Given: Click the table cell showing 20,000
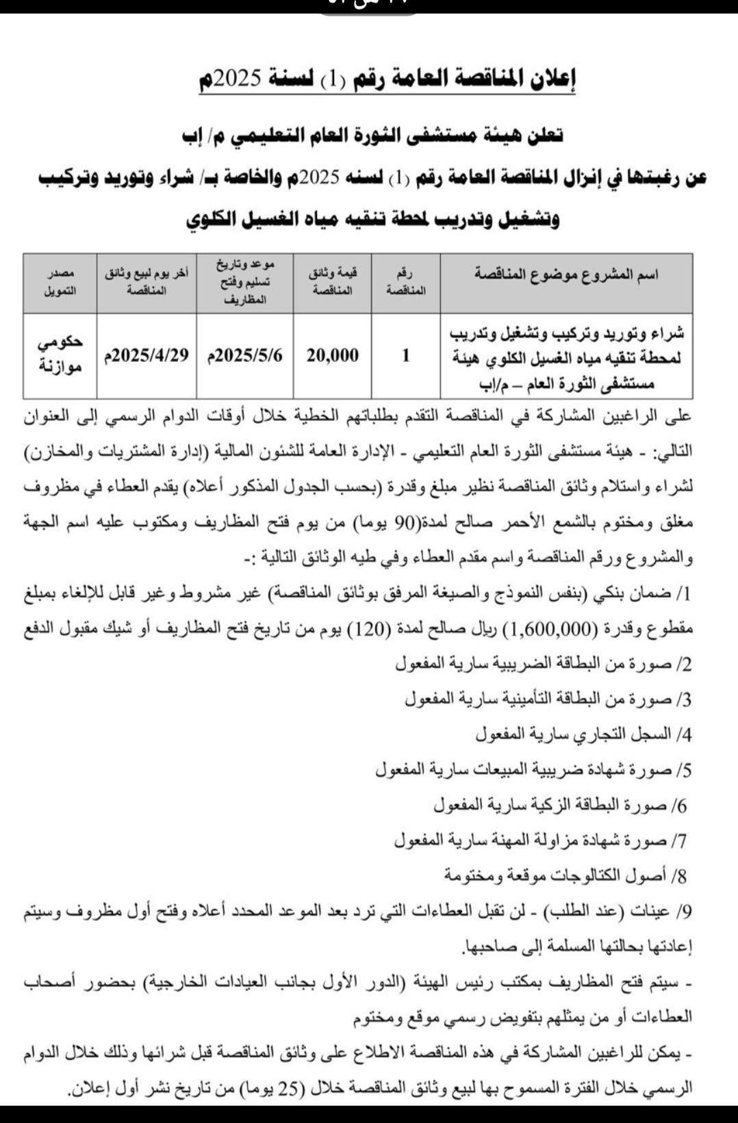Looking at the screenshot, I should click(333, 355).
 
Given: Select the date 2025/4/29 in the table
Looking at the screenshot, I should click(147, 355).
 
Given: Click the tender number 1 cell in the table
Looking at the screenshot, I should click(406, 355).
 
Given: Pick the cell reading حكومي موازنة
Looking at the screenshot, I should click(60, 355).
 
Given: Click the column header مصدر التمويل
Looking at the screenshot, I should click(60, 283).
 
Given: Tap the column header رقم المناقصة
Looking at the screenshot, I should click(406, 283).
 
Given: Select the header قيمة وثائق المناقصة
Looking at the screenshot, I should click(333, 282).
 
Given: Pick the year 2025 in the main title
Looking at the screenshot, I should click(235, 81).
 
